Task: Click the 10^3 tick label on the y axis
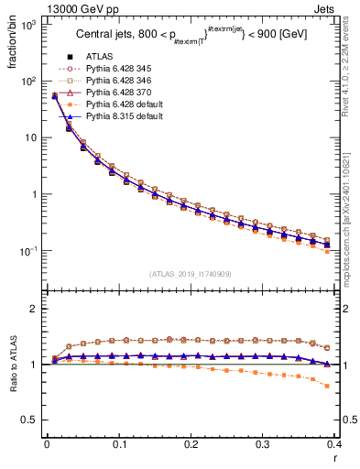click(x=28, y=25)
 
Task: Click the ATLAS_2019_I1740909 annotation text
click(x=191, y=274)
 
